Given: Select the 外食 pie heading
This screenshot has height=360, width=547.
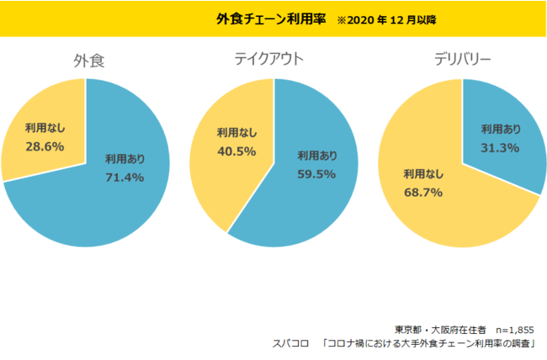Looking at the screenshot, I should [x=88, y=61].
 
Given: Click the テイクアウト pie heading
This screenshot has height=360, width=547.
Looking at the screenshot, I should [x=269, y=59].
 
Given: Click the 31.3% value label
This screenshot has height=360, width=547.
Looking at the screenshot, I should [x=500, y=147].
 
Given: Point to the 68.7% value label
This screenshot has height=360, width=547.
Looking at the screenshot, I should [x=422, y=193].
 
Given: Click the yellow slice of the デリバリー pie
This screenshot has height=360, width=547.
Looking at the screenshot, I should [x=446, y=219].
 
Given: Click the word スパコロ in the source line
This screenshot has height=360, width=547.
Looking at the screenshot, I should [x=288, y=344].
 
